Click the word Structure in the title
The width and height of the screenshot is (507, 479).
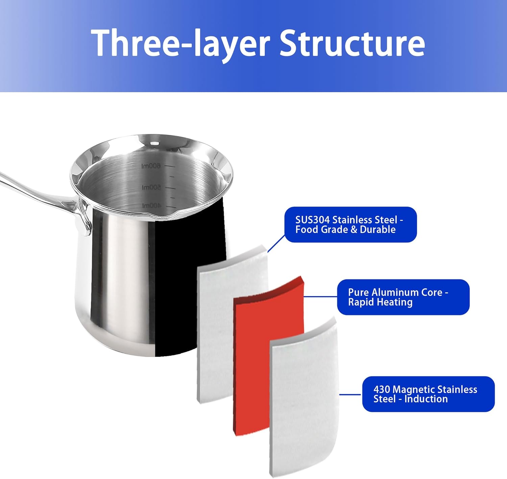coord(352,43)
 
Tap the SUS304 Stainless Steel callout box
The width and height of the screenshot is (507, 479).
coord(351,224)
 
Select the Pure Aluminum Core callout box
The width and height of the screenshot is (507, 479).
coord(403,297)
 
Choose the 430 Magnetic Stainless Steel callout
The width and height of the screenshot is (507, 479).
coord(428,394)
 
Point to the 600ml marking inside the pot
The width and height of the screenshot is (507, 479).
coord(151,166)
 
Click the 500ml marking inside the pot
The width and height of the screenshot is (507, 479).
coord(151,187)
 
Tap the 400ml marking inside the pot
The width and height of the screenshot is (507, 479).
coord(151,206)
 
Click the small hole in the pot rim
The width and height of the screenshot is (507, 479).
coord(154,143)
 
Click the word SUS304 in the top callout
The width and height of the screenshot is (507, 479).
coord(312,220)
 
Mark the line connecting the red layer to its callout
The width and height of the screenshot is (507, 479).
coord(320,297)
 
